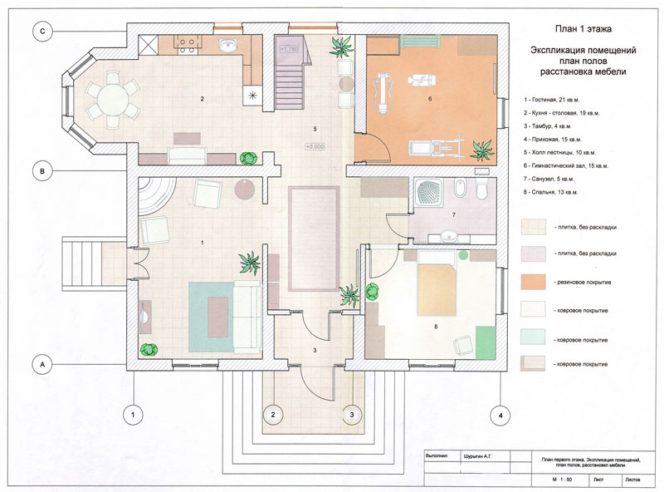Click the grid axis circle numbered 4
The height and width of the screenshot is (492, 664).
(500, 413)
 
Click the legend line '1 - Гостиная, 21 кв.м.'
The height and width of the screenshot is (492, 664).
(560, 98)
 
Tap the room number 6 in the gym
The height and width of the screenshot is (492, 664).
(430, 100)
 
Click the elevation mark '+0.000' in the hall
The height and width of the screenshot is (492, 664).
(315, 147)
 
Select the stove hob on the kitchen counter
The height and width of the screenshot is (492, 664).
(185, 42)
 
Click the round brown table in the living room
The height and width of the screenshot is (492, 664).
(246, 188)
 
